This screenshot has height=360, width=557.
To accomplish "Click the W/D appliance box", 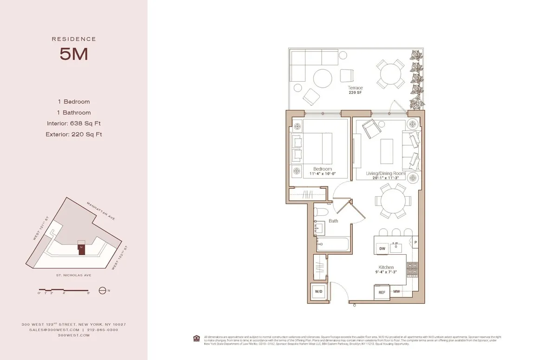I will pos(318,291).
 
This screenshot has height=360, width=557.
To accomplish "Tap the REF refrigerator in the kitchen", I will pos(382,292).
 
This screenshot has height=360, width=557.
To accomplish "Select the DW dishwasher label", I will pos(382,249).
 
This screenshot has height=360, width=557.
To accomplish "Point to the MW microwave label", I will pos(397,292).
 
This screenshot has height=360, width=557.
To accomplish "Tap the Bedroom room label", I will pos(323,169).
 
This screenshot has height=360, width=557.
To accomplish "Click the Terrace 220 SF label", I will pos(355,90).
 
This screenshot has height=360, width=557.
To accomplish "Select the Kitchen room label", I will pos(386,267).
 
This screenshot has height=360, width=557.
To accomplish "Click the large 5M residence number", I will pos(74,55).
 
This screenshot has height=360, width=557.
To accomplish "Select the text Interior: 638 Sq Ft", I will pos(74,123).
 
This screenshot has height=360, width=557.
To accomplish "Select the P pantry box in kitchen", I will pos(416,242).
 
